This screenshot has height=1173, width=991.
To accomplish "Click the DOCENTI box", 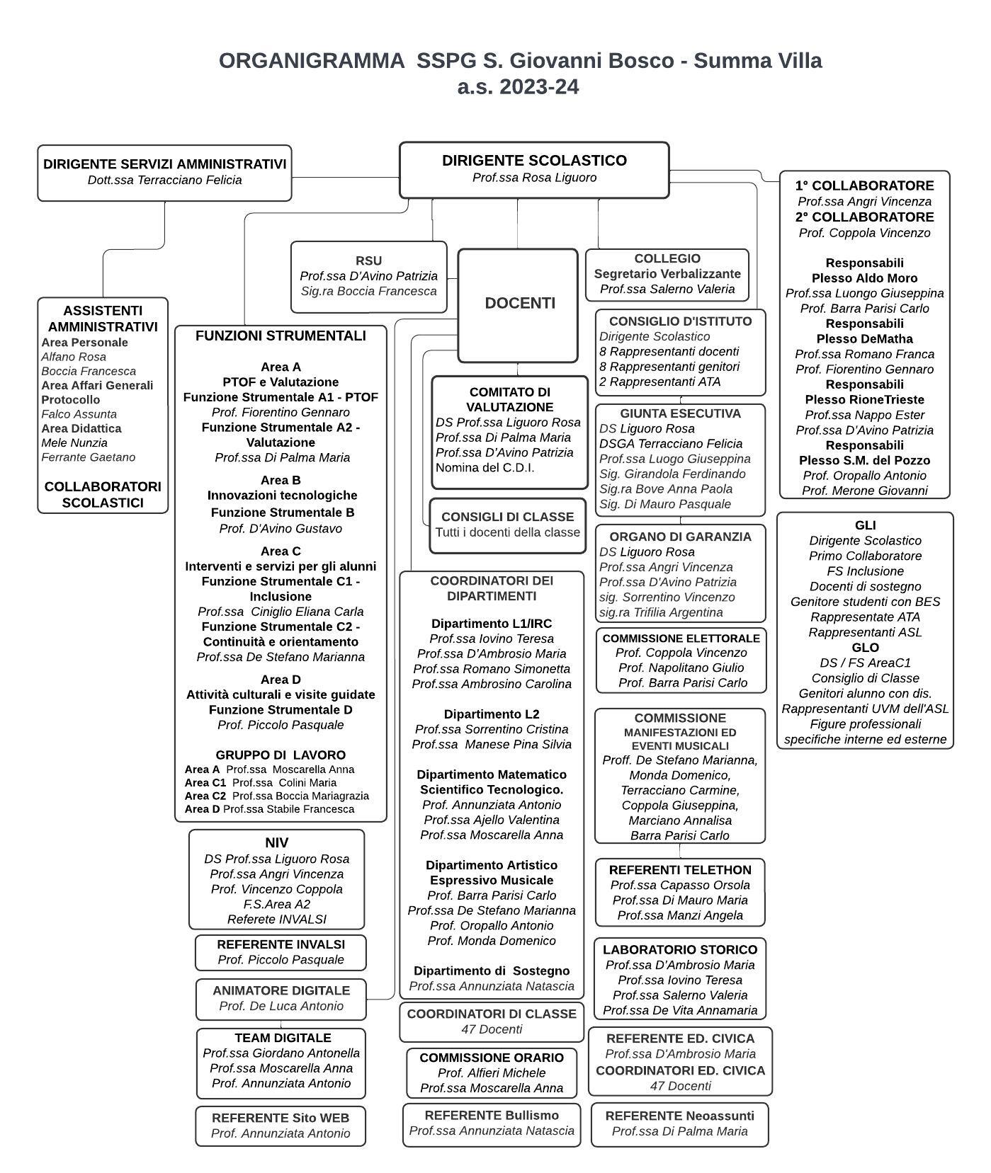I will (519, 304).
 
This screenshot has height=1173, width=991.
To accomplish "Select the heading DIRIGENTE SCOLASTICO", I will (534, 161).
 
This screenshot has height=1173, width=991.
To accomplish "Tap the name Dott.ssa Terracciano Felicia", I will (164, 180).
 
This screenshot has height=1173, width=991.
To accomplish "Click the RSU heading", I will (368, 261).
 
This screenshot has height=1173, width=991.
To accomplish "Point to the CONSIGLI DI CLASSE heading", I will (507, 517).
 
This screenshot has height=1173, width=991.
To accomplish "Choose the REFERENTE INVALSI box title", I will (281, 944).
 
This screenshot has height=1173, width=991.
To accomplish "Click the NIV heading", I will (276, 842).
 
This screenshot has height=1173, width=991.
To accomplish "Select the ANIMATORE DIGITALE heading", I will (281, 990).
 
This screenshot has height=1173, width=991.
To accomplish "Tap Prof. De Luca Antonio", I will (281, 1006).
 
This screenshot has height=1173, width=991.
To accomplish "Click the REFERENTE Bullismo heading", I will (492, 1115).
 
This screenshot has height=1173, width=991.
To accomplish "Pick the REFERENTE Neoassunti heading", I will (679, 1116).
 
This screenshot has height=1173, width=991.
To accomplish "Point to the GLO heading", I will (865, 648).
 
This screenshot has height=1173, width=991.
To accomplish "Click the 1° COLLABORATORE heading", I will (864, 185).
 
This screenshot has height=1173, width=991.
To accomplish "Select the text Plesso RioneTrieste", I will (864, 399).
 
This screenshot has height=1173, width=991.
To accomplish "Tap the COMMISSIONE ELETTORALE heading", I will (681, 638).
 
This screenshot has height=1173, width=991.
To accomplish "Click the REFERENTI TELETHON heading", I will (680, 870).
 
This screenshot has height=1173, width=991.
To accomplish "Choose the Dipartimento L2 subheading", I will (492, 714).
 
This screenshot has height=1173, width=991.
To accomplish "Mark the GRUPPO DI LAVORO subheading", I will (281, 755).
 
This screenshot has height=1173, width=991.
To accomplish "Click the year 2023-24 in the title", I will (538, 87).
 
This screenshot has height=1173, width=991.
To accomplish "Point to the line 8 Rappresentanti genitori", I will (669, 367).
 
